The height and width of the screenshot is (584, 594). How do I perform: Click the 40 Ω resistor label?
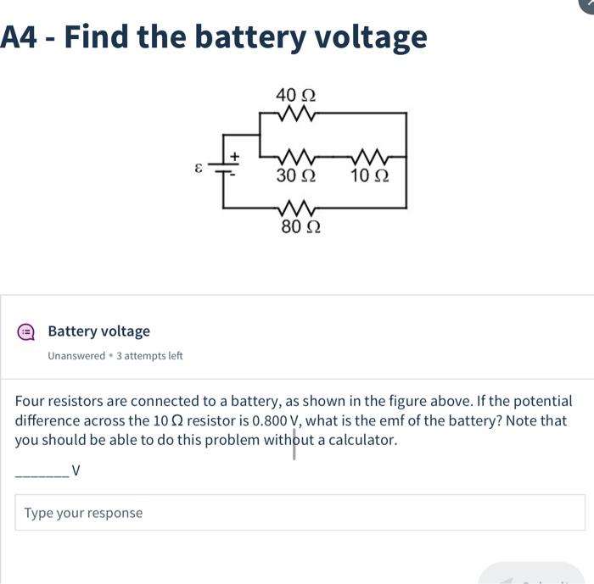point(296,95)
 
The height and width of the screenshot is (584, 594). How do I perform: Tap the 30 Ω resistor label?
point(296,177)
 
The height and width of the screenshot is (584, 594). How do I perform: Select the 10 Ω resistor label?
point(370,177)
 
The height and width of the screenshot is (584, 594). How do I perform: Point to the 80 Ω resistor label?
point(300,227)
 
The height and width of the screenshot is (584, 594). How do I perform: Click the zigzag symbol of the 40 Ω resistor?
point(296,113)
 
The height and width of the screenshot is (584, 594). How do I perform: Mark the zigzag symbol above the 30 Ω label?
point(296,158)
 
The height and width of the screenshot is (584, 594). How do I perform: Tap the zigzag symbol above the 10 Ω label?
point(370,158)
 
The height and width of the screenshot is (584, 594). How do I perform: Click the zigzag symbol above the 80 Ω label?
point(296,208)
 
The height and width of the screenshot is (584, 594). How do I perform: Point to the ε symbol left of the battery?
point(199,168)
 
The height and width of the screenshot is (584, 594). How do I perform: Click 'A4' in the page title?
point(20,37)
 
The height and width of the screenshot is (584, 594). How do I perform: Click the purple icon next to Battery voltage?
point(25,332)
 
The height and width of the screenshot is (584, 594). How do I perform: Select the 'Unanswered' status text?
point(76,356)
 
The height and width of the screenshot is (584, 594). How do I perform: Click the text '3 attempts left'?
point(149,356)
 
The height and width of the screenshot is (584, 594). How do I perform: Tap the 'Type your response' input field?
point(300,513)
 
